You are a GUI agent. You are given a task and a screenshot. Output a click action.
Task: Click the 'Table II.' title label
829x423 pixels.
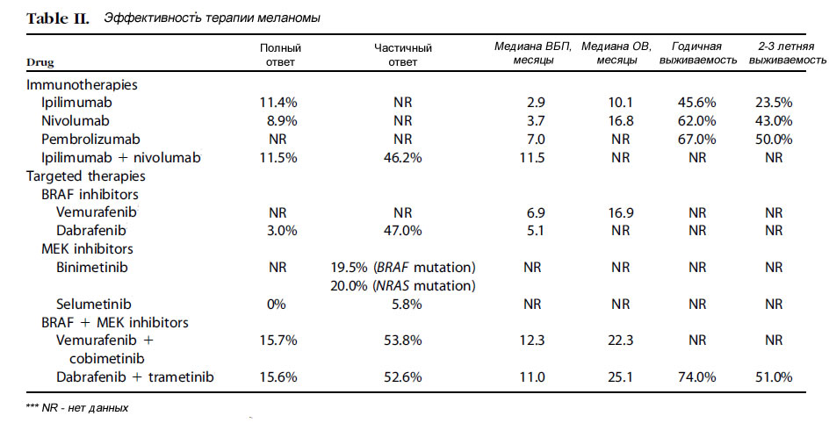[x=58, y=18]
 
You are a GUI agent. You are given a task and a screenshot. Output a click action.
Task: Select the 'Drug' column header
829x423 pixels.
[x=40, y=63]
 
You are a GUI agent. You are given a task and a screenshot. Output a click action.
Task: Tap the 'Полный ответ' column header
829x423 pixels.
[x=280, y=55]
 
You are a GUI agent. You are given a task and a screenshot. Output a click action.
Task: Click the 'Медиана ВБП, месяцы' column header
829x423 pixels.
[x=533, y=54]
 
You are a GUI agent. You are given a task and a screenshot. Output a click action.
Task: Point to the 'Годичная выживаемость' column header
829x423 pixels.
[x=697, y=54]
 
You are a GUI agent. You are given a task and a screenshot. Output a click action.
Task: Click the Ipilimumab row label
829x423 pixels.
[x=76, y=103]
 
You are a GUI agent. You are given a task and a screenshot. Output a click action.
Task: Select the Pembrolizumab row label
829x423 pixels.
[x=91, y=139]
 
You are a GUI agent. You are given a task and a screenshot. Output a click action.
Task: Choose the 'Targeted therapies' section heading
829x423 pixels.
[x=86, y=176]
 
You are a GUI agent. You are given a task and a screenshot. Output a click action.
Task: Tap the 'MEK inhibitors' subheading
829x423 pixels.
[x=87, y=248]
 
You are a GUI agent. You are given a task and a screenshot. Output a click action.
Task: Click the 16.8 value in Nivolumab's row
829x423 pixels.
[x=621, y=121]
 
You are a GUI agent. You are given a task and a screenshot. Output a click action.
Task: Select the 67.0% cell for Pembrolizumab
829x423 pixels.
[x=697, y=140]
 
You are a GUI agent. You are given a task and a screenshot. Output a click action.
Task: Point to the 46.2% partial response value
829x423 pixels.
[x=403, y=158]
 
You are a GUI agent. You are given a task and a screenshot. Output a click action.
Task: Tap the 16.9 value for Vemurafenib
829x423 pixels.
[x=621, y=213]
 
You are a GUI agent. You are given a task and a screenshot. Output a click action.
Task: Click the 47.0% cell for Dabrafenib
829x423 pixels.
[x=403, y=231]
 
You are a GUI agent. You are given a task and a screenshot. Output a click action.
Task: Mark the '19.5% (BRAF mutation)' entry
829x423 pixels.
[x=403, y=268]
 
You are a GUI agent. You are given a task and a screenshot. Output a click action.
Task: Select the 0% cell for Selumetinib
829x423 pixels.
[x=277, y=305]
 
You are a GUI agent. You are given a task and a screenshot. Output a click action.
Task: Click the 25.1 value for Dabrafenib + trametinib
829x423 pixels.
[x=621, y=377]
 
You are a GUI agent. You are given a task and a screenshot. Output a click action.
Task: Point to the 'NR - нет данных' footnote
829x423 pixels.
[x=77, y=408]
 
